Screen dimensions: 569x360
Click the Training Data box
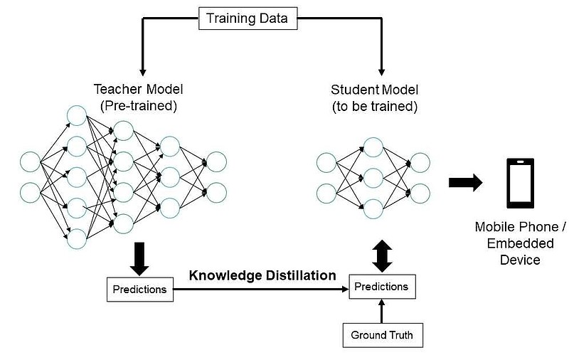[248, 18]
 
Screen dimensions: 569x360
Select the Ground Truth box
[383, 335]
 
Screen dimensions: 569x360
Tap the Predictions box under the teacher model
[140, 290]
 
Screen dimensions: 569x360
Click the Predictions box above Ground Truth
[382, 287]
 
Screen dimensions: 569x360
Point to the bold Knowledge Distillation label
[262, 275]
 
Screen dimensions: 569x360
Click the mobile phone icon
[521, 183]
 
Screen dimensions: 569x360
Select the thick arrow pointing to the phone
[466, 183]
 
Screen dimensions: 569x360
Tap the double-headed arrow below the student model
[382, 256]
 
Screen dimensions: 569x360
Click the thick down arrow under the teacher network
[139, 259]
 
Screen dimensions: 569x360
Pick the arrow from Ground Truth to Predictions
[381, 311]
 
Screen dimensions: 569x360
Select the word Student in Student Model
[352, 90]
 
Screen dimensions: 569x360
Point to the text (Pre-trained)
[139, 106]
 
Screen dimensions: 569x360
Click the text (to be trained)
[375, 106]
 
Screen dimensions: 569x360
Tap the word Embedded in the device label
[521, 243]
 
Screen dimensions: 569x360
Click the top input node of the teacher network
[30, 162]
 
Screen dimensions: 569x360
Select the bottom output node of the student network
[420, 194]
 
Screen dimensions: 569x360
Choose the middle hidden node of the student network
[373, 178]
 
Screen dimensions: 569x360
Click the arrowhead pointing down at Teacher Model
[143, 71]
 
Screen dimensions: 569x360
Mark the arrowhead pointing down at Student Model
[381, 71]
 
